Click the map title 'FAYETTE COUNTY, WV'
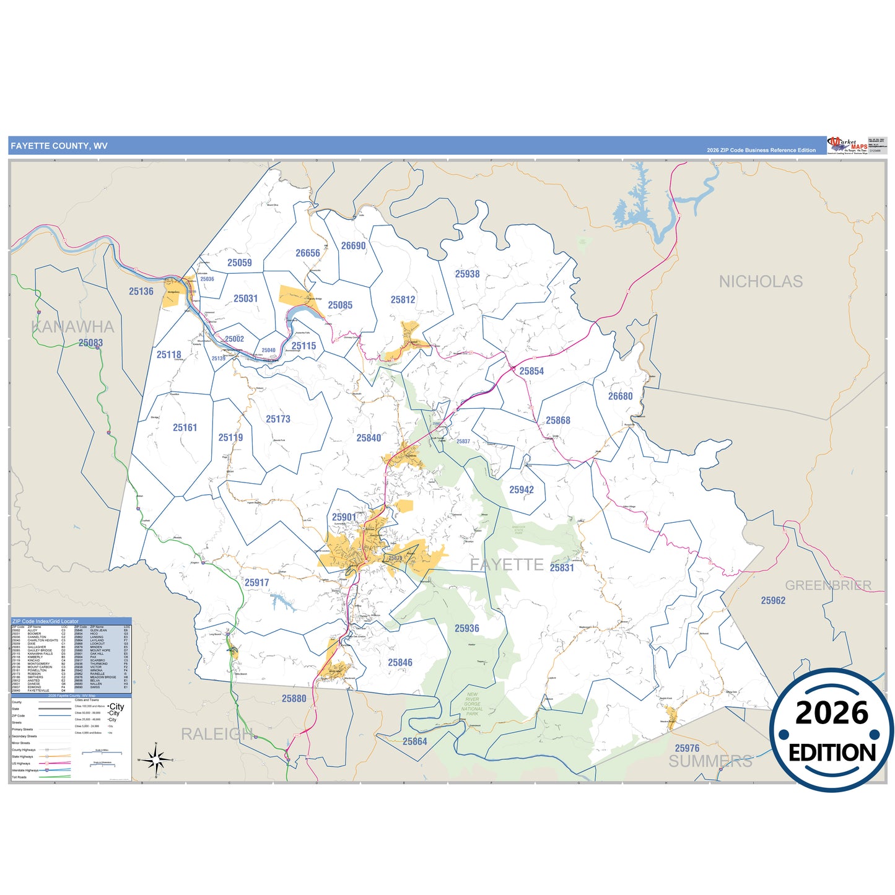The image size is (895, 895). point(59,146)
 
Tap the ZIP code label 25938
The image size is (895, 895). point(467,274)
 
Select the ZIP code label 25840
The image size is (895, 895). point(369,438)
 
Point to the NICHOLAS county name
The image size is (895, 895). point(760,282)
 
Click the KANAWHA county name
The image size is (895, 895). point(72,326)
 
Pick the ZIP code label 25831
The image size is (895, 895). point(562,567)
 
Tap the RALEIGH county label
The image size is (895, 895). point(217,734)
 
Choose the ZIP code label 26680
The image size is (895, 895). point(620,396)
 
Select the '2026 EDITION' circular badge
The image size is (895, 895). point(831,730)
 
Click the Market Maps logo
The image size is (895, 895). point(847,146)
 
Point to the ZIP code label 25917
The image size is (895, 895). point(256,582)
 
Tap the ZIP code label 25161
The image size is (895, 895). point(185,427)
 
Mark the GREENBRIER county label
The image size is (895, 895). point(827,585)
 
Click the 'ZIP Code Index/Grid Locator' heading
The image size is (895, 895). point(45,621)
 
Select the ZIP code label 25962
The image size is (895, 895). point(772,600)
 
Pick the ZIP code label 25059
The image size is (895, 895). point(239,263)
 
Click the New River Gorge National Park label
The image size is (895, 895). point(472,704)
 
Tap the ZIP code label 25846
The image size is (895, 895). point(399,662)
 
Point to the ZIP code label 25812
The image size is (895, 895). point(403,300)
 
